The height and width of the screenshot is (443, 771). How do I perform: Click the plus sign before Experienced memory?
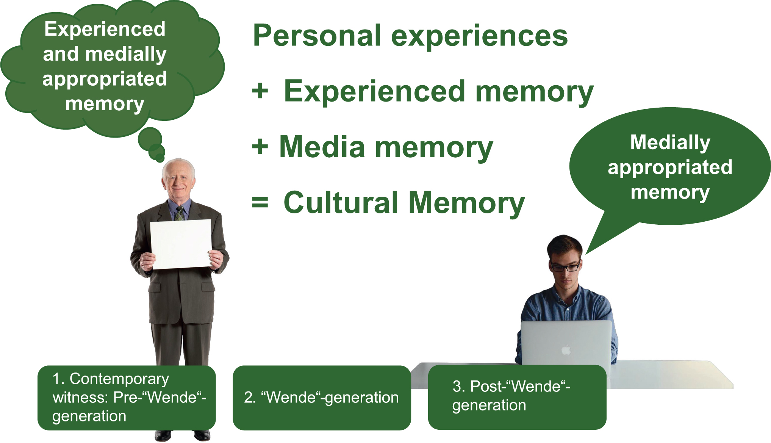click(260, 91)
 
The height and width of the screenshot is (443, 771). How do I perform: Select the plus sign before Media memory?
click(260, 147)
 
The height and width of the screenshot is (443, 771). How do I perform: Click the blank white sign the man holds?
click(181, 244)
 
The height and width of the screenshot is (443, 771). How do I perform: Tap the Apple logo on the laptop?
click(566, 349)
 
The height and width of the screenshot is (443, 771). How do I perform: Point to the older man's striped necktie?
click(180, 213)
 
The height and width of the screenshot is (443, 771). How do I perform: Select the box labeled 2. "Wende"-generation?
click(322, 398)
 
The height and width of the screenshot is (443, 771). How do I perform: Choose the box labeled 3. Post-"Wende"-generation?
click(517, 397)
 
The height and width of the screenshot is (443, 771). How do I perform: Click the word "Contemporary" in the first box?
click(119, 379)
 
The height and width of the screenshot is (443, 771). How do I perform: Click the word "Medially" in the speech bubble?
click(670, 143)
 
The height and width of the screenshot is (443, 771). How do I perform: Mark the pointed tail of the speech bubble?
click(586, 254)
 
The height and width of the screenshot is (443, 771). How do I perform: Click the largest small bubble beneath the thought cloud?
click(150, 138)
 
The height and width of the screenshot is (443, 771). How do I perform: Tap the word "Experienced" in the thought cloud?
click(105, 30)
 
